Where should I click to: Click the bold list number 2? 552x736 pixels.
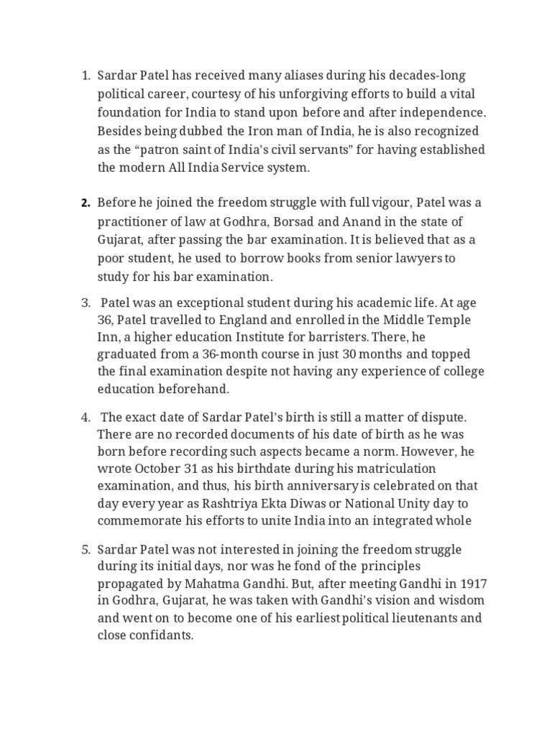pyautogui.click(x=85, y=203)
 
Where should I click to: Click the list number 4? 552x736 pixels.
pyautogui.click(x=85, y=418)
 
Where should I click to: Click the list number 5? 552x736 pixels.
pyautogui.click(x=85, y=550)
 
